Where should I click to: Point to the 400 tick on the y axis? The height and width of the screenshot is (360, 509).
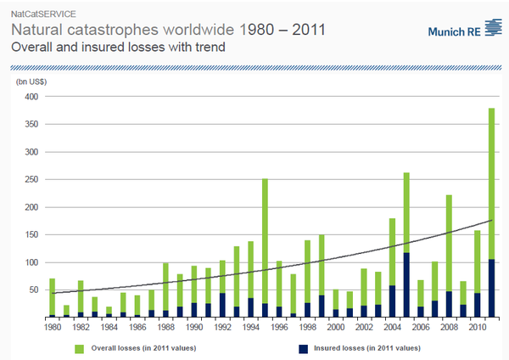click(31, 97)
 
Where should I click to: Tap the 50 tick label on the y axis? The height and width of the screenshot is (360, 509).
click(33, 290)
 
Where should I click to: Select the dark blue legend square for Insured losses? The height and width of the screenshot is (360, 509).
click(303, 348)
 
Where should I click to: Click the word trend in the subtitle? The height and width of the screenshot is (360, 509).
click(206, 47)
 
